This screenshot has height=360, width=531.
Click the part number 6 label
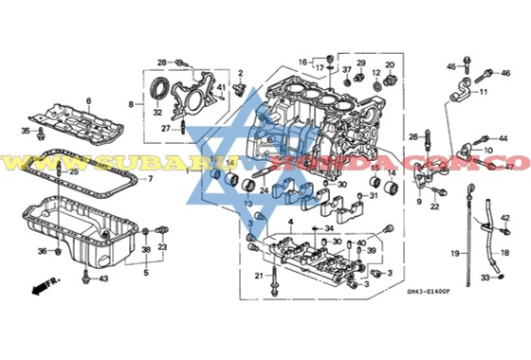[x=88, y=99]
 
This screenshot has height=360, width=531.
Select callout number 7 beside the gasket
[x=149, y=178]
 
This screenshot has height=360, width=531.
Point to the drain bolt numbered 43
[x=86, y=277]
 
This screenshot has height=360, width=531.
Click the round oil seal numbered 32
[x=162, y=92]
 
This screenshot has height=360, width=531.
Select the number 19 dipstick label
[x=454, y=254]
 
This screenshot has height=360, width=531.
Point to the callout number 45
[x=451, y=65]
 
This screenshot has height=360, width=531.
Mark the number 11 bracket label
[x=484, y=92]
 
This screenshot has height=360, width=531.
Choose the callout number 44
[x=503, y=138]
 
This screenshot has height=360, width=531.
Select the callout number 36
[x=43, y=250]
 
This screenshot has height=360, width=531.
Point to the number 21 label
[x=257, y=276]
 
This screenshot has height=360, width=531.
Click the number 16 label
[x=303, y=62]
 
